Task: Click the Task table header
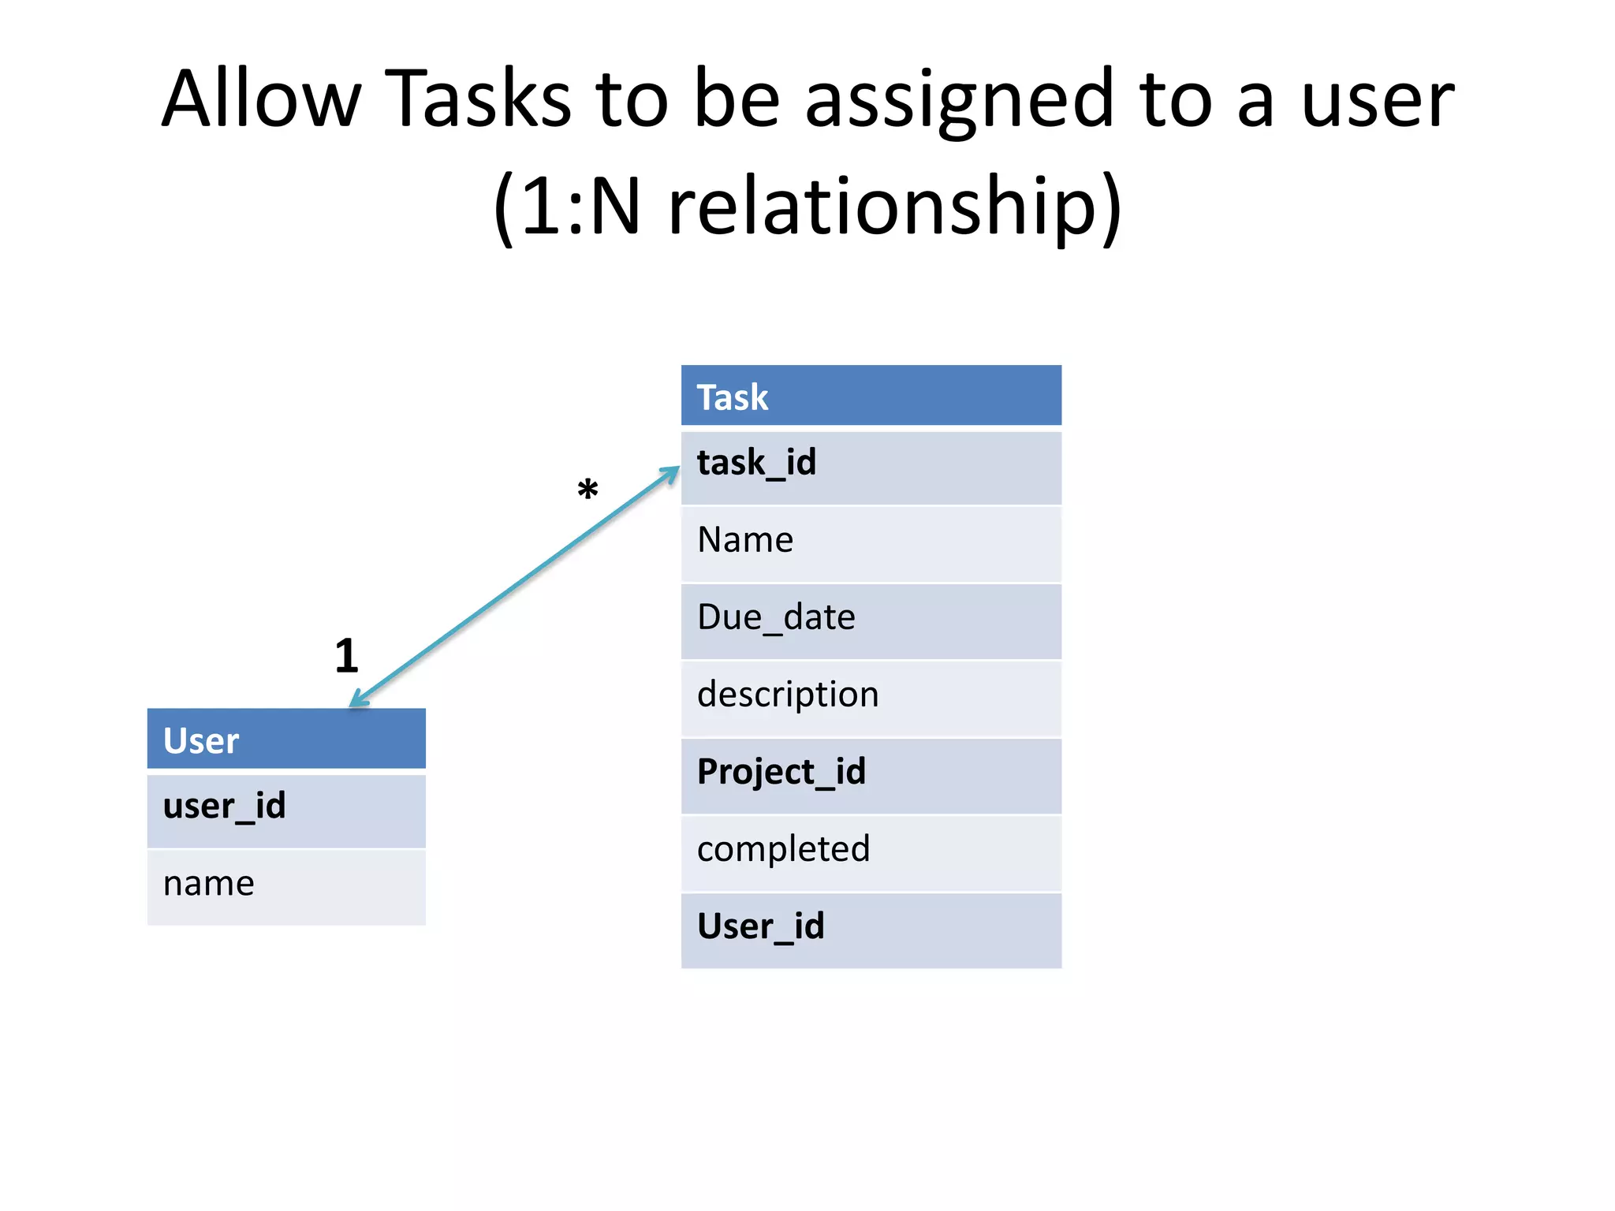(x=871, y=396)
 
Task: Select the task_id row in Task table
(x=871, y=465)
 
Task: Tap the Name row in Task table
(x=871, y=542)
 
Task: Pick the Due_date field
(x=871, y=620)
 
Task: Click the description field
(x=871, y=697)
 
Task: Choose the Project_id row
(x=871, y=774)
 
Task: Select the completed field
(x=871, y=851)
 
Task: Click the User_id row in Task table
(x=871, y=929)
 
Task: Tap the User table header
(x=286, y=740)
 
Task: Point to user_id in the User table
(x=286, y=809)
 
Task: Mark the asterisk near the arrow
(x=587, y=490)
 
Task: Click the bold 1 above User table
(x=346, y=656)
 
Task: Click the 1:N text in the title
(x=580, y=207)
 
